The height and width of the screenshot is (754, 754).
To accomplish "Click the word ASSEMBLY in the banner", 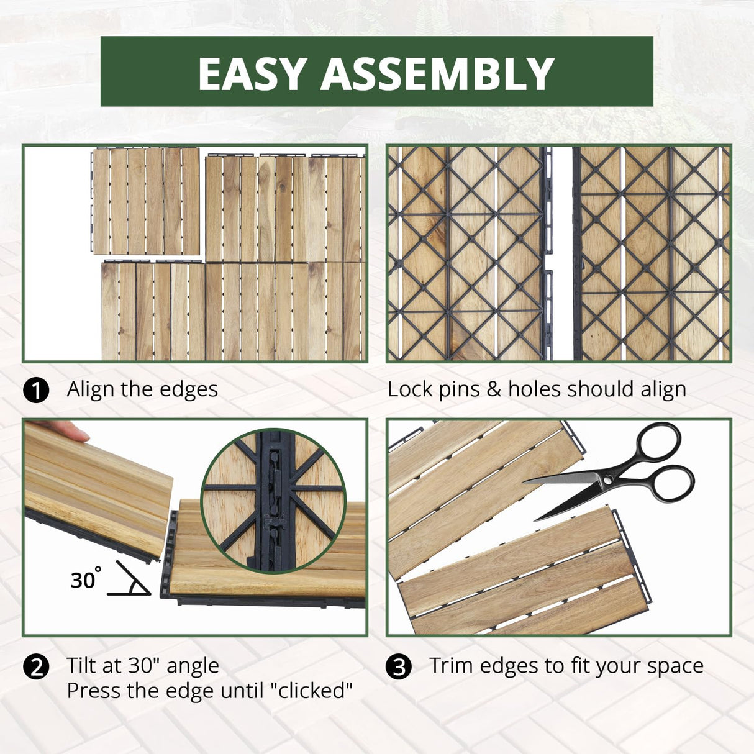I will pyautogui.click(x=437, y=73).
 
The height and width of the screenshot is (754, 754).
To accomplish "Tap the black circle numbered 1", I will pyautogui.click(x=36, y=391).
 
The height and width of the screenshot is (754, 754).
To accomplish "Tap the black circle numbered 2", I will pyautogui.click(x=36, y=667).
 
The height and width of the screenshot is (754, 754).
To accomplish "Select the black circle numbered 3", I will pyautogui.click(x=399, y=667).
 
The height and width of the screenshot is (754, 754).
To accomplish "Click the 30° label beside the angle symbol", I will pyautogui.click(x=84, y=579).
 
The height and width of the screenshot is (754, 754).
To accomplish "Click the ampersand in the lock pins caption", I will pyautogui.click(x=494, y=389).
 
